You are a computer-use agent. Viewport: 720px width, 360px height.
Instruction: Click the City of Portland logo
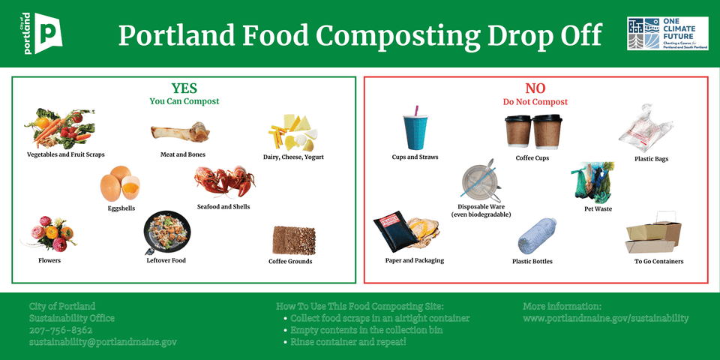[42, 34]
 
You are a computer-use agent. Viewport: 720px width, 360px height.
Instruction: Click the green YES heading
[184, 88]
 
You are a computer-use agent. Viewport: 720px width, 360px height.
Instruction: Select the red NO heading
[535, 88]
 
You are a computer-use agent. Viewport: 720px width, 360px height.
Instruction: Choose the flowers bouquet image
[49, 232]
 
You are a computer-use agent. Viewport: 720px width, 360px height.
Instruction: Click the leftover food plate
[166, 233]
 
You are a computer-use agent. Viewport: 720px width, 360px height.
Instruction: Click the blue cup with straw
[414, 130]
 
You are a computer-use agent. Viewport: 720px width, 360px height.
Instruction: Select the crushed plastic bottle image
[538, 235]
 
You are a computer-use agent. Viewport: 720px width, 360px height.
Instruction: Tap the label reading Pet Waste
[598, 209]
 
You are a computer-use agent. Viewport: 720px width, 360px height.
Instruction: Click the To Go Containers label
[658, 262]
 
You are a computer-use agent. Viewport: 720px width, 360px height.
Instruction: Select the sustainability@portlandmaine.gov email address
[103, 342]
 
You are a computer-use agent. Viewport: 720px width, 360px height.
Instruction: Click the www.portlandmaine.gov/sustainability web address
[605, 318]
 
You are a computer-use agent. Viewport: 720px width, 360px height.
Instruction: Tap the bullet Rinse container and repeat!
[348, 342]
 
